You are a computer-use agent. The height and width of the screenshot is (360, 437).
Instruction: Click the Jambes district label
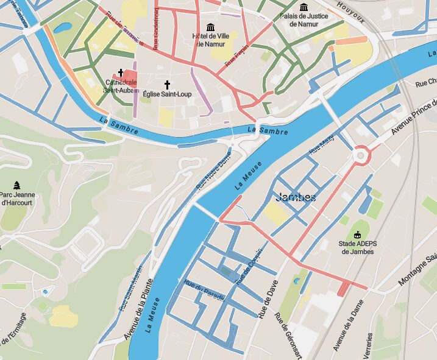pyautogui.click(x=296, y=197)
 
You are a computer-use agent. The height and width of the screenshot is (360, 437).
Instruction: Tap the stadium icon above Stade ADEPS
pyautogui.click(x=357, y=234)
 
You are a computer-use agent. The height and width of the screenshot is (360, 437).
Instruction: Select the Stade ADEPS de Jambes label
pyautogui.click(x=357, y=247)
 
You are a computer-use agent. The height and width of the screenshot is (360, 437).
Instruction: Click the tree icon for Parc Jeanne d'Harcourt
pyautogui.click(x=16, y=185)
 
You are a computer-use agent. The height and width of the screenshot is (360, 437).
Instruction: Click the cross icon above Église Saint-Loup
pyautogui.click(x=167, y=84)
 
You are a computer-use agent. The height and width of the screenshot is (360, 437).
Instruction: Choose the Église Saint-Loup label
pyautogui.click(x=167, y=94)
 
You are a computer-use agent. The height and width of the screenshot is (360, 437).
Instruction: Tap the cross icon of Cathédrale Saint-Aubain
pyautogui.click(x=121, y=72)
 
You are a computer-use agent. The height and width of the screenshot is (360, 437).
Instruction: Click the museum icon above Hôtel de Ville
pyautogui.click(x=211, y=27)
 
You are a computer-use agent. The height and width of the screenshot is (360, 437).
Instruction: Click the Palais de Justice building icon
pyautogui.click(x=303, y=7)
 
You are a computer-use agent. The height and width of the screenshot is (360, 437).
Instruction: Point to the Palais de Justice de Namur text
pyautogui.click(x=303, y=19)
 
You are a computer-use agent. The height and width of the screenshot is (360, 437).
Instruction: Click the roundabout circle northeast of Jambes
pyautogui.click(x=361, y=155)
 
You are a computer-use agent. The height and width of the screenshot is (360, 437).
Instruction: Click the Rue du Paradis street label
pyautogui.click(x=204, y=290)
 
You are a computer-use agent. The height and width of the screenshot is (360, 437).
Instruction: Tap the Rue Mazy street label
pyautogui.click(x=322, y=144)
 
